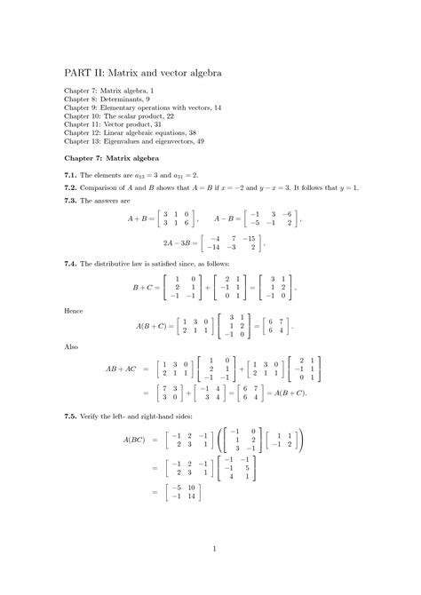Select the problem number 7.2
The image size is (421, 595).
coord(72,189)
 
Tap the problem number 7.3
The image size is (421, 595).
coord(72,200)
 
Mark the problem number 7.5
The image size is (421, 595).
coord(72,416)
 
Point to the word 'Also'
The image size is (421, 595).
coord(72,350)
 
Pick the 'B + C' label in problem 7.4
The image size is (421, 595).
coord(144,288)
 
